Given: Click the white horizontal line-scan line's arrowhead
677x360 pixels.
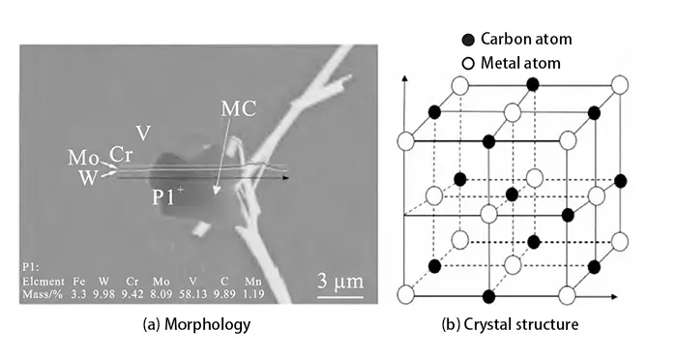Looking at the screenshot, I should (290, 177).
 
